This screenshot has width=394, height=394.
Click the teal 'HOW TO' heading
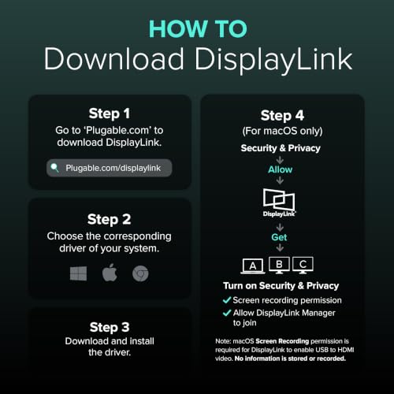click(x=198, y=29)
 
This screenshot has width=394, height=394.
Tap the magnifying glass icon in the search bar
click(x=54, y=168)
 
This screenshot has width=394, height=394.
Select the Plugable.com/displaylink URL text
click(x=113, y=168)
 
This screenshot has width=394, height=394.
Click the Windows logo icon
click(x=78, y=273)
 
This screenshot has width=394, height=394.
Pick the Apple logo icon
click(x=110, y=273)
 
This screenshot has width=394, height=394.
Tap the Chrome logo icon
click(x=140, y=273)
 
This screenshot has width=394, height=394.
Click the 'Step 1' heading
click(x=110, y=113)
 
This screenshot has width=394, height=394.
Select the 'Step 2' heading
click(x=110, y=220)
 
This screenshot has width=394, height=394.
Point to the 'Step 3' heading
click(x=110, y=327)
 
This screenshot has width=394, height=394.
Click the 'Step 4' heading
click(x=282, y=116)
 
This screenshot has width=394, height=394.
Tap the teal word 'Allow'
click(x=280, y=169)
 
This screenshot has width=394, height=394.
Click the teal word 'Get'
click(x=279, y=237)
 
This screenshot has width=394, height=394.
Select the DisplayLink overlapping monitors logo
click(x=279, y=203)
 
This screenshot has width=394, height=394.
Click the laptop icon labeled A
click(x=253, y=266)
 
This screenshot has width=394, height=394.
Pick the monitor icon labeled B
click(x=279, y=265)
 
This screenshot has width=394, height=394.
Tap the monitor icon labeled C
click(x=303, y=265)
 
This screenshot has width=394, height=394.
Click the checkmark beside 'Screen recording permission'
click(x=227, y=300)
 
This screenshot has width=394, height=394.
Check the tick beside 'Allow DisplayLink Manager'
click(x=227, y=313)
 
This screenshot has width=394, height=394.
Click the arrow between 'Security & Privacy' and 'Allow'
click(x=280, y=160)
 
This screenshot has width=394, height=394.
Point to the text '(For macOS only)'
click(x=282, y=131)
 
